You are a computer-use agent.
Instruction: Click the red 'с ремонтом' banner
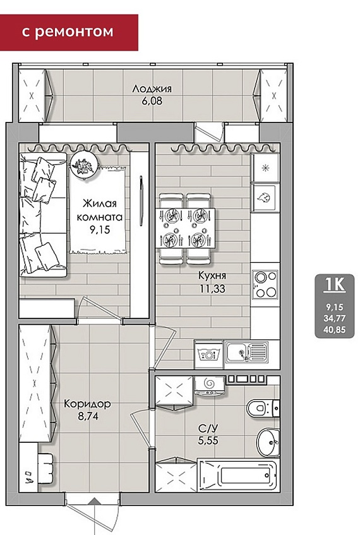pyautogui.click(x=69, y=32)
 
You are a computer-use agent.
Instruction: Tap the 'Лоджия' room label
pyautogui.click(x=152, y=89)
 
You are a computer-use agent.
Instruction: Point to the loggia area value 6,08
pyautogui.click(x=152, y=101)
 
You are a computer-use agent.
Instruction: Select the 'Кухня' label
pyautogui.click(x=212, y=275)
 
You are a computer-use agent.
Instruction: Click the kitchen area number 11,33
pyautogui.click(x=212, y=289)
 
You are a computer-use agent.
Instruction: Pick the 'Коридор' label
pyautogui.click(x=87, y=404)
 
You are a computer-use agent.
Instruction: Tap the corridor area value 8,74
pyautogui.click(x=88, y=416)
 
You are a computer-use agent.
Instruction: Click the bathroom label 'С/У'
pyautogui.click(x=208, y=428)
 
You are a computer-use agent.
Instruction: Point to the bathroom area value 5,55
pyautogui.click(x=208, y=440)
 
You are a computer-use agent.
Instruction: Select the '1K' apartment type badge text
pyautogui.click(x=335, y=285)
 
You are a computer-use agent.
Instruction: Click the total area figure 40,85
pyautogui.click(x=335, y=330)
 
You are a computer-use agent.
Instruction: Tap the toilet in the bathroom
pyautogui.click(x=263, y=407)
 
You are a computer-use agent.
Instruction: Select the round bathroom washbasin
pyautogui.click(x=268, y=442)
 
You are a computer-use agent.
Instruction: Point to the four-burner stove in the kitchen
pyautogui.click(x=265, y=284)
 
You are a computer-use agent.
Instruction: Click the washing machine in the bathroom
pyautogui.click(x=210, y=386)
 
